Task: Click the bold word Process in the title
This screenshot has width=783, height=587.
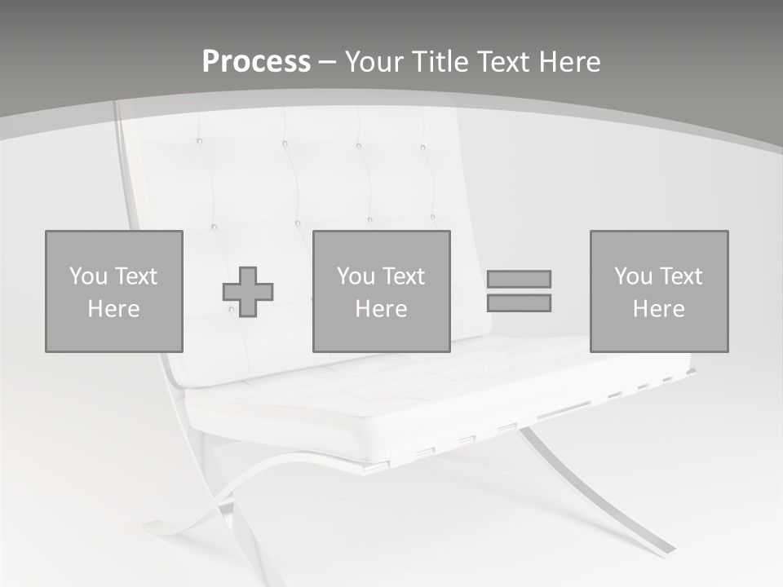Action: tap(256, 61)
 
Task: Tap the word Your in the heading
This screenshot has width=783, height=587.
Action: tap(373, 61)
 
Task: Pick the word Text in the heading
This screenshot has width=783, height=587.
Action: tap(499, 61)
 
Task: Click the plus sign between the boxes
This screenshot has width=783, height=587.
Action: tap(248, 291)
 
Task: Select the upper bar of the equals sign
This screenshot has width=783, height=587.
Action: tap(519, 279)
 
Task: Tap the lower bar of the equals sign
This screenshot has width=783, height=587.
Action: tap(519, 302)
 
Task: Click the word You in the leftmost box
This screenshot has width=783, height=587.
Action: tap(88, 276)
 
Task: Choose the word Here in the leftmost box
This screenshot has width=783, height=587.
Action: tap(113, 309)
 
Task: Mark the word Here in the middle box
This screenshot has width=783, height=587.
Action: tap(381, 309)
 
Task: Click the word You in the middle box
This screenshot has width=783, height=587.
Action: tap(356, 276)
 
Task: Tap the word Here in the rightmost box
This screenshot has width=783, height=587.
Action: tap(658, 309)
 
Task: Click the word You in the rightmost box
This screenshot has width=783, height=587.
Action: tap(633, 276)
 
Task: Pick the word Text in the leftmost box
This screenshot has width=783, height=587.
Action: tap(136, 276)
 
